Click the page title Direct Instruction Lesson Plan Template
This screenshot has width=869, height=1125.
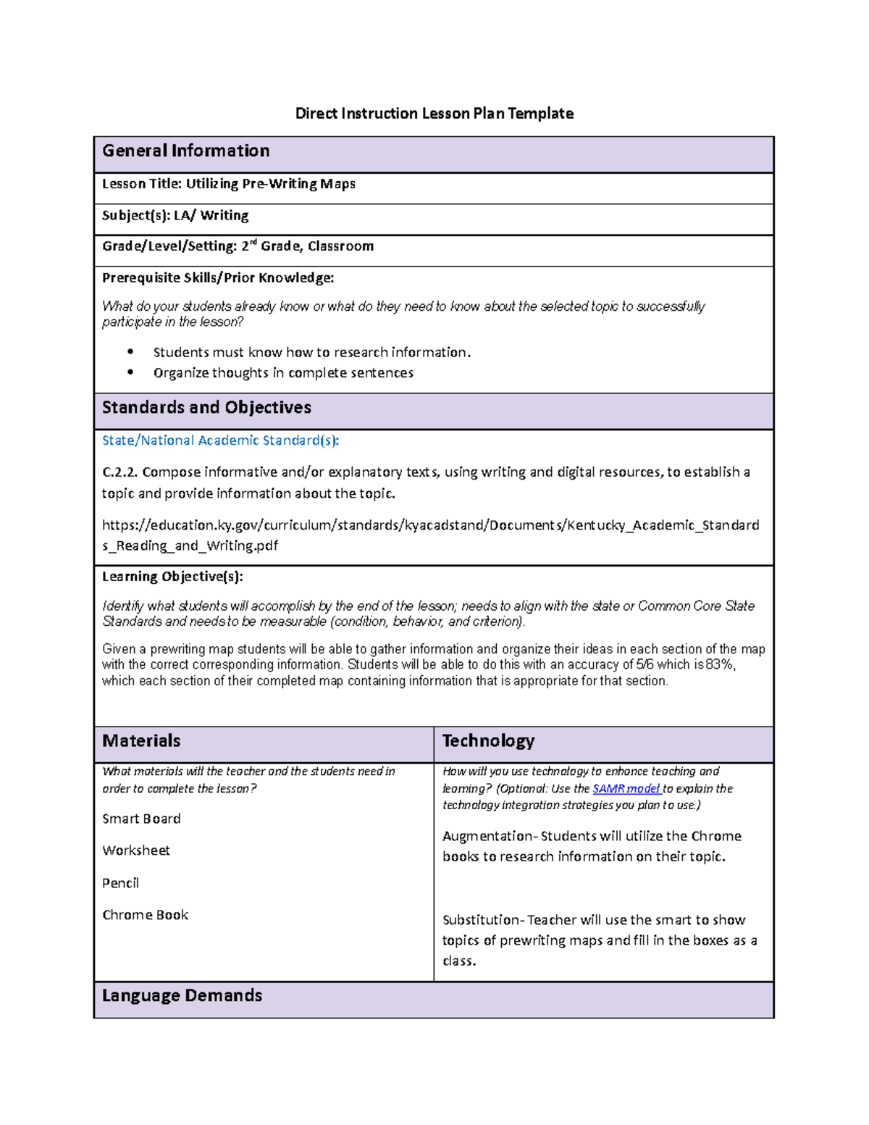pos(434,113)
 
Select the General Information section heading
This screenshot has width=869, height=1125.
pos(186,151)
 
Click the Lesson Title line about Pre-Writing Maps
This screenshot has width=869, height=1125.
pos(229,184)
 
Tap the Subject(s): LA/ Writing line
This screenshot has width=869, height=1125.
pos(175,215)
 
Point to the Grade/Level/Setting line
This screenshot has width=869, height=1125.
pos(238,246)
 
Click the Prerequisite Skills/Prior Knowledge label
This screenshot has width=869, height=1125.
pos(218,277)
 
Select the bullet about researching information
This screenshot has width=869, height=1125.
pos(311,353)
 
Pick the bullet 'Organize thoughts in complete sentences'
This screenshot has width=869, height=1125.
pos(283,373)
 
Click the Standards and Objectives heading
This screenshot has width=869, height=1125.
pos(206,408)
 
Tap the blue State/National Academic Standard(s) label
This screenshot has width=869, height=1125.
pos(220,440)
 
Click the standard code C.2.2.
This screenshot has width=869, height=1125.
pos(119,472)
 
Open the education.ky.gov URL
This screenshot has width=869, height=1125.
pos(430,525)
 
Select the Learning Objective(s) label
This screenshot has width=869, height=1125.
pos(172,577)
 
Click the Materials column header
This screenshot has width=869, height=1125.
pos(141,741)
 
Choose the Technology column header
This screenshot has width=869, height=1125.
pos(488,741)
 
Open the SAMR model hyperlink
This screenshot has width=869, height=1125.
pos(626,789)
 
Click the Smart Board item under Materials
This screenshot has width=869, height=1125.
pos(141,819)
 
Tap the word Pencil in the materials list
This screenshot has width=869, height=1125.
pos(120,883)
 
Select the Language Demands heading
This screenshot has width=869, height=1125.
pos(182,996)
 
